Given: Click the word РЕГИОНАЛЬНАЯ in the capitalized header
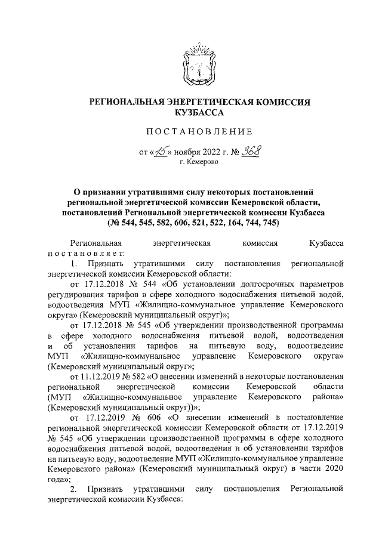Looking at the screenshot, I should [126, 103].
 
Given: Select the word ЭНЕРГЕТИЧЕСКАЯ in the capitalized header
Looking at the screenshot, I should [208, 103].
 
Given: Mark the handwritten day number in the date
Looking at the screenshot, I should [158, 152].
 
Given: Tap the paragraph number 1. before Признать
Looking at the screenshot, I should [74, 263].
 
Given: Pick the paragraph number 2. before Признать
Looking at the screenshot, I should [74, 489].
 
